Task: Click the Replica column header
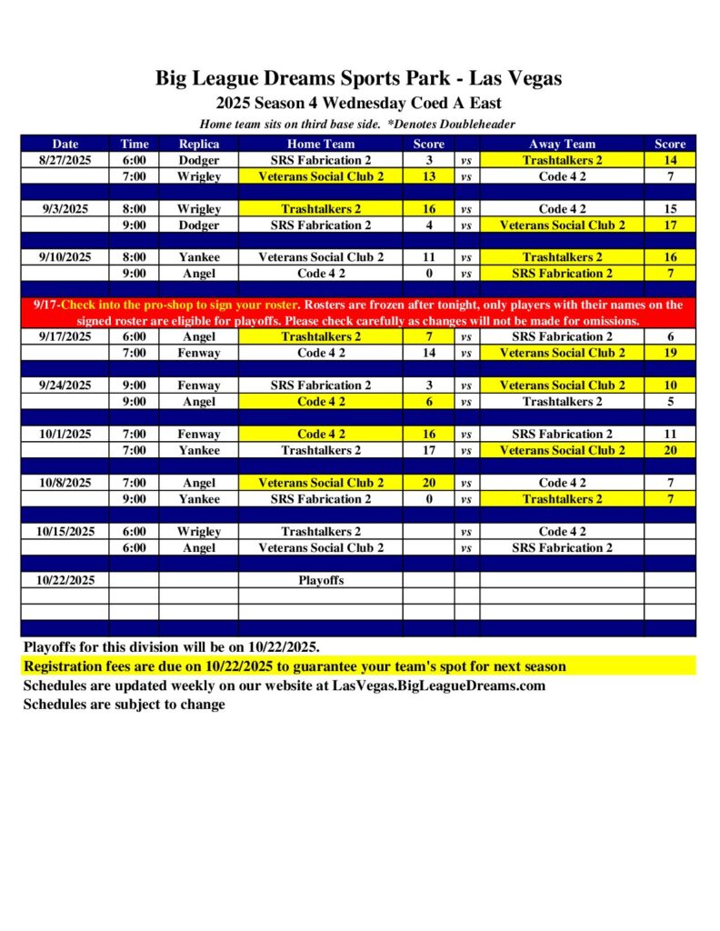click(x=199, y=144)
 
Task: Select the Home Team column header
click(x=321, y=144)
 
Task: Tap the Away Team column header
click(x=562, y=144)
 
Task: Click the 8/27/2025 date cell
click(x=65, y=160)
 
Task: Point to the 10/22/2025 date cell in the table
click(x=65, y=580)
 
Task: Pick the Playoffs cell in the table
click(x=321, y=580)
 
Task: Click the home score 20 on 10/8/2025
click(x=428, y=483)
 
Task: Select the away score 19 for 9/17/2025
click(x=670, y=353)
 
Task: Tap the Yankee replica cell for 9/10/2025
click(x=199, y=257)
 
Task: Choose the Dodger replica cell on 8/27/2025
click(x=199, y=160)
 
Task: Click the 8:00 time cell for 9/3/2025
click(x=134, y=209)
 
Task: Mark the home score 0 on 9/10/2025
click(x=428, y=274)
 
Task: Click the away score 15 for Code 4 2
click(x=670, y=209)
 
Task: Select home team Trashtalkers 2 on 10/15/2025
click(x=321, y=532)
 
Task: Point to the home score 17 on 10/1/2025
click(x=428, y=450)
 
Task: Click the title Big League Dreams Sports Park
click(x=358, y=79)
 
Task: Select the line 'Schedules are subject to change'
click(x=124, y=704)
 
